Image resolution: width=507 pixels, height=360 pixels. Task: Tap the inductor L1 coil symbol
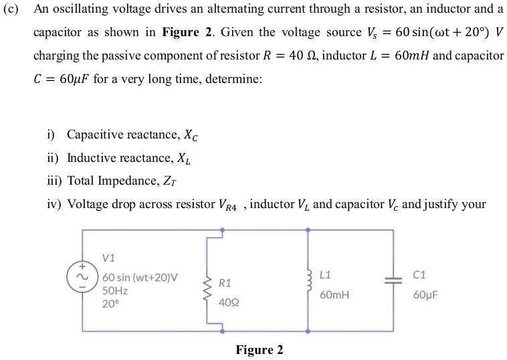(x=308, y=281)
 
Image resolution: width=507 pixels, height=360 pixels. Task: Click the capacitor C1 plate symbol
(x=392, y=281)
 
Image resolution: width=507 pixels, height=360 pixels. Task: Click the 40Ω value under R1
(x=228, y=303)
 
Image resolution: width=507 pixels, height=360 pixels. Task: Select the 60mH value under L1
(x=334, y=294)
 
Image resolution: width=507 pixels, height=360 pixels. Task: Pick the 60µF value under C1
(x=425, y=294)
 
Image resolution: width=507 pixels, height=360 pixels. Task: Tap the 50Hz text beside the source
(x=115, y=290)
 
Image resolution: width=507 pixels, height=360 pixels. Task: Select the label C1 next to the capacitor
(x=419, y=274)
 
